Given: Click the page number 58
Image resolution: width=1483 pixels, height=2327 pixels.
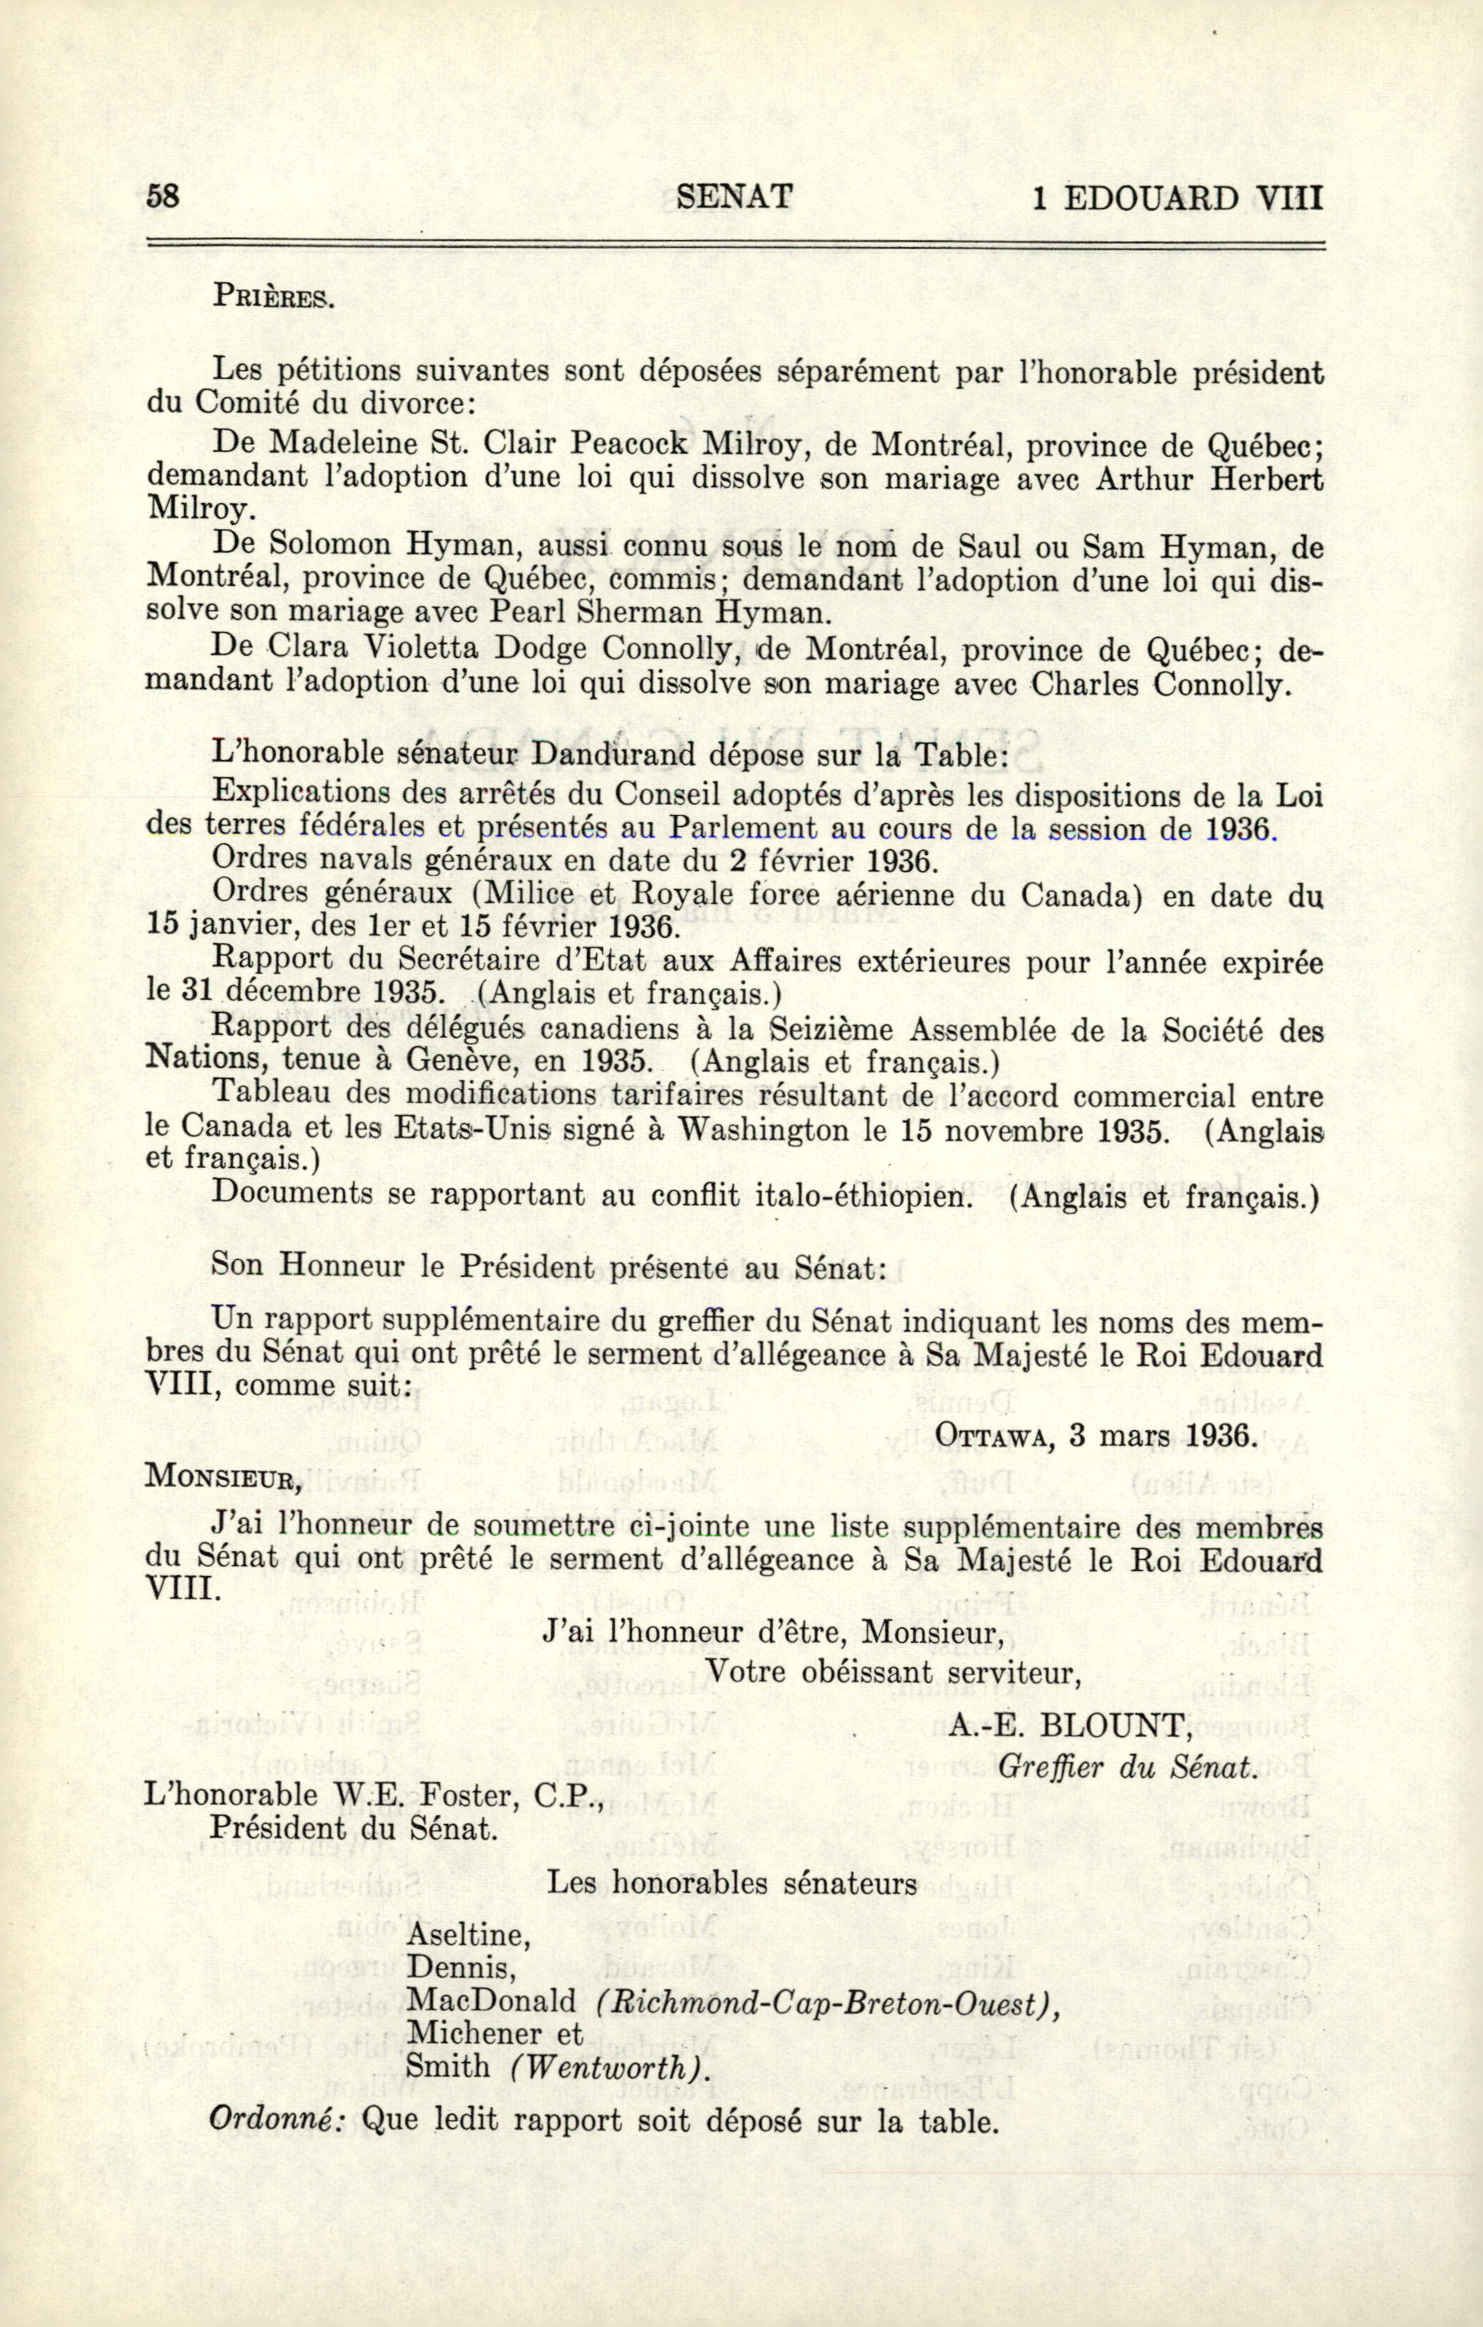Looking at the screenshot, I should click(x=163, y=196).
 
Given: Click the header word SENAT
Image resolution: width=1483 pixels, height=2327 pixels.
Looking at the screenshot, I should click(x=735, y=196).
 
